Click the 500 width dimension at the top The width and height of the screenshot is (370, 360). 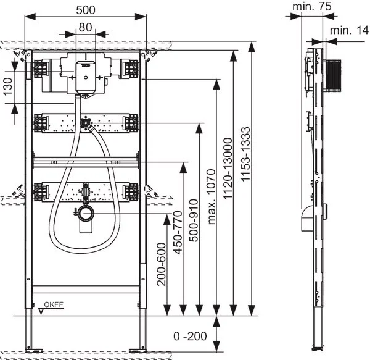(x=86, y=9)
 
